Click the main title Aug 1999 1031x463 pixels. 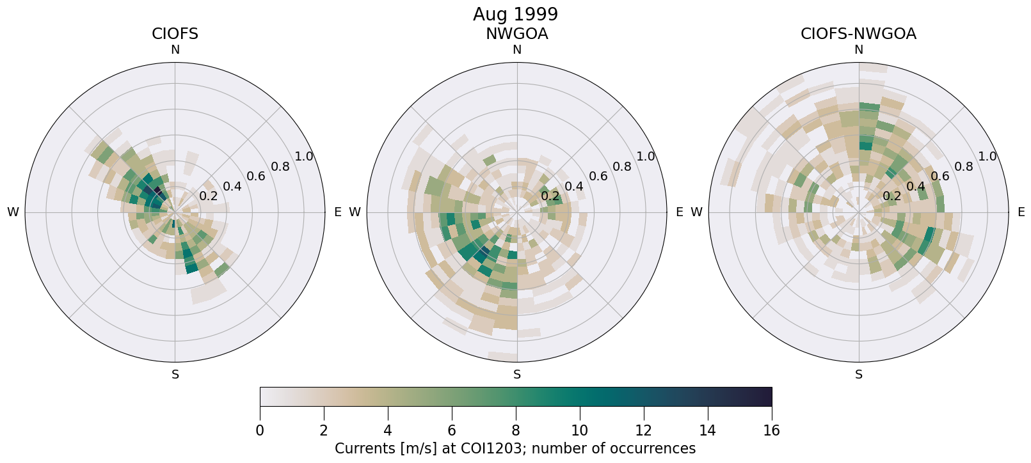point(515,14)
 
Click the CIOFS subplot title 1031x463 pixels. point(175,34)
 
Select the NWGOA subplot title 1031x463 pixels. point(516,34)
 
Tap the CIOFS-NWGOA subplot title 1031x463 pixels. point(858,34)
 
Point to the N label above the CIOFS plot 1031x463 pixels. point(175,50)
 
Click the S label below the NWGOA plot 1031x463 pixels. point(517,375)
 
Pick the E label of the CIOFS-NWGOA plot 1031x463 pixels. point(1021,212)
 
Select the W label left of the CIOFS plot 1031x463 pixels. point(13,212)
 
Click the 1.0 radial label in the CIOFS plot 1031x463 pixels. point(304,157)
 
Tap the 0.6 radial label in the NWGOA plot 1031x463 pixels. point(598,177)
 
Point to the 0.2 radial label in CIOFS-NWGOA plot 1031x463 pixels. point(891,196)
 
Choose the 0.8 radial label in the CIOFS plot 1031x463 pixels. point(280,167)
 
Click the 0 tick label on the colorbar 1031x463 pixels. point(260,430)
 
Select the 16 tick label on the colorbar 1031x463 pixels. point(771,430)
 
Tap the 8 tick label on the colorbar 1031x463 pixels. point(516,430)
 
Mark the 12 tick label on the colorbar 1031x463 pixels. point(643,430)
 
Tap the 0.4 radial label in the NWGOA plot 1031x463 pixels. point(574,187)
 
